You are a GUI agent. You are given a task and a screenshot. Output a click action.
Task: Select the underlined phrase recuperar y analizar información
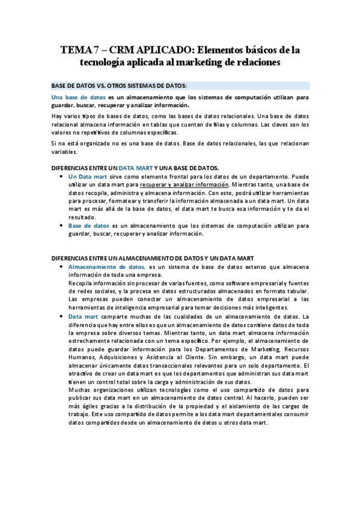click(x=185, y=185)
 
